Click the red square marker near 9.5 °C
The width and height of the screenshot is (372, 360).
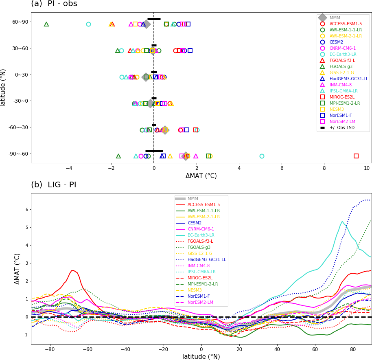pyautogui.click(x=356, y=156)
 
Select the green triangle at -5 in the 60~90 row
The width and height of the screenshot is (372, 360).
pyautogui.click(x=46, y=24)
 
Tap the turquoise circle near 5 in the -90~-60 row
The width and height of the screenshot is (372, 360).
pyautogui.click(x=262, y=156)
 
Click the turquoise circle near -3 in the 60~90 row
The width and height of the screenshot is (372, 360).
pyautogui.click(x=88, y=24)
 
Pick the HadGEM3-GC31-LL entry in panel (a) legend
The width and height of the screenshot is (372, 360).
pyautogui.click(x=348, y=79)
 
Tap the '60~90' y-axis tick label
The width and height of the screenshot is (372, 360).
pyautogui.click(x=20, y=22)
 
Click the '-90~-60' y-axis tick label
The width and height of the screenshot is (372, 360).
pyautogui.click(x=18, y=154)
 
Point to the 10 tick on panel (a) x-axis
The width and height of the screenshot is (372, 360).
pyautogui.click(x=366, y=168)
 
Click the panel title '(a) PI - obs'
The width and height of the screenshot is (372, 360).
pyautogui.click(x=54, y=4)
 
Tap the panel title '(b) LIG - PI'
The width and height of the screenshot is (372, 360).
pyautogui.click(x=54, y=184)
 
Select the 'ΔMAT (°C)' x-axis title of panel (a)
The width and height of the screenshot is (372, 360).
pyautogui.click(x=201, y=176)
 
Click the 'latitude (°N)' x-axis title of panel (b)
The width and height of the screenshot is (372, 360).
pyautogui.click(x=201, y=357)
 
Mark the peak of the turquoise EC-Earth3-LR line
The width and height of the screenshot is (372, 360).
pyautogui.click(x=342, y=222)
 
